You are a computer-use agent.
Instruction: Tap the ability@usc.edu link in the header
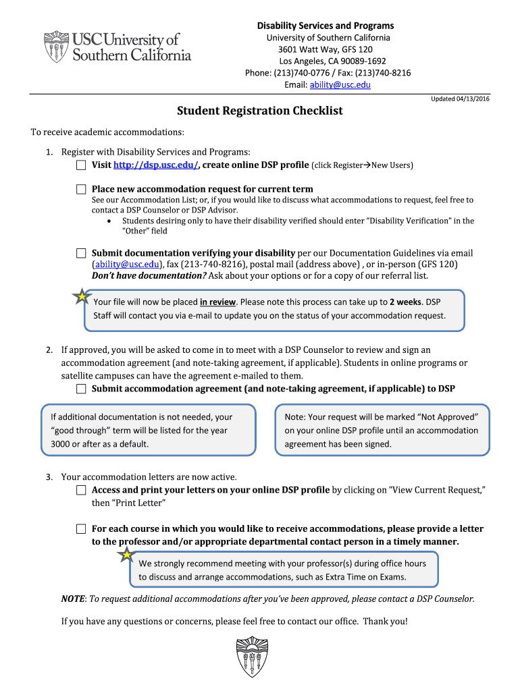click(340, 85)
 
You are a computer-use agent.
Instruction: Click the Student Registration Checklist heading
click(260, 111)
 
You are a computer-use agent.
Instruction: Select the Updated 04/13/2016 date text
click(460, 99)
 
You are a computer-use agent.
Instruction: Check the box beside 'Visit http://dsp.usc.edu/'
click(81, 165)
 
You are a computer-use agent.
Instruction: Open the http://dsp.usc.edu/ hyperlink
click(155, 165)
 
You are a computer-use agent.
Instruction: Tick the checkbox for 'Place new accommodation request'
click(81, 189)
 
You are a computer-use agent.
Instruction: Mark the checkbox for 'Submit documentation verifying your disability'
click(81, 253)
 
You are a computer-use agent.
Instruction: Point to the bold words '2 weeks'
click(405, 302)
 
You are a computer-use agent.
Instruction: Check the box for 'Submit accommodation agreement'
click(81, 389)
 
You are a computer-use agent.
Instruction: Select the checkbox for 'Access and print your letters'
click(81, 490)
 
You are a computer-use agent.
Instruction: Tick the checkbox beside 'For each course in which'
click(81, 529)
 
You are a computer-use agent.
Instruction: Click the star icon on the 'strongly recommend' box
click(126, 555)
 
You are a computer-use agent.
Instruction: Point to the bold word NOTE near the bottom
click(73, 599)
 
